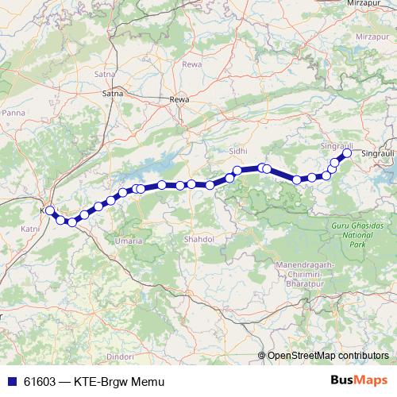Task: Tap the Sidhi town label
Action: click(x=237, y=150)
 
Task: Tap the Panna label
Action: click(x=13, y=114)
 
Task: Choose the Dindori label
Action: click(x=119, y=357)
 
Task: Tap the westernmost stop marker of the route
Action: click(x=50, y=210)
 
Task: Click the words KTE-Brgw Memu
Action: click(x=118, y=381)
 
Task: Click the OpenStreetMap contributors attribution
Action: click(x=328, y=356)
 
